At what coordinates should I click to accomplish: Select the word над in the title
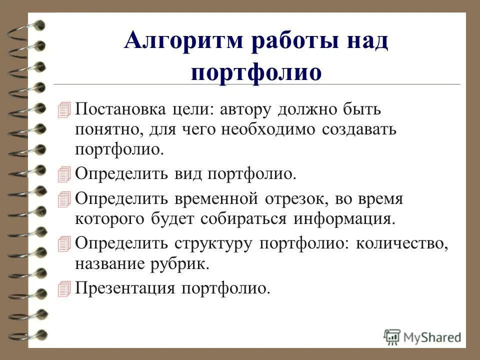[363, 41]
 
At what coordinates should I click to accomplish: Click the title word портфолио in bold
[256, 72]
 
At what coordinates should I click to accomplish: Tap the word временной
[216, 199]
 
